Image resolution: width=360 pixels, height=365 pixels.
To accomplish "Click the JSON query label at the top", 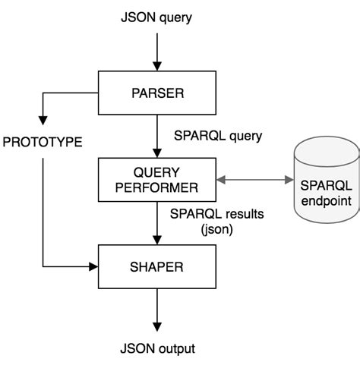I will click(156, 16).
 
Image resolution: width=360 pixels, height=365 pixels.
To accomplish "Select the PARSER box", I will click(156, 94).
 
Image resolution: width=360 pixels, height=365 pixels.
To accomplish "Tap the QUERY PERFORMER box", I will click(156, 180).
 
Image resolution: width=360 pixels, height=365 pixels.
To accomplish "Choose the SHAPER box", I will click(156, 266).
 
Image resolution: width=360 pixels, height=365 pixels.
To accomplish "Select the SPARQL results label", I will click(217, 215).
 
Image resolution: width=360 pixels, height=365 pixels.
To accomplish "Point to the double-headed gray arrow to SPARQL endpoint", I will click(254, 181).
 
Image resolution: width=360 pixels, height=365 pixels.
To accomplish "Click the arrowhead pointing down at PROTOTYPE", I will click(43, 120).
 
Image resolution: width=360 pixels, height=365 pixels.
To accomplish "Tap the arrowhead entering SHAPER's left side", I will click(94, 266).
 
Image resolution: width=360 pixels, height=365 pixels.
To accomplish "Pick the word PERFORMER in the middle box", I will click(156, 187).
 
